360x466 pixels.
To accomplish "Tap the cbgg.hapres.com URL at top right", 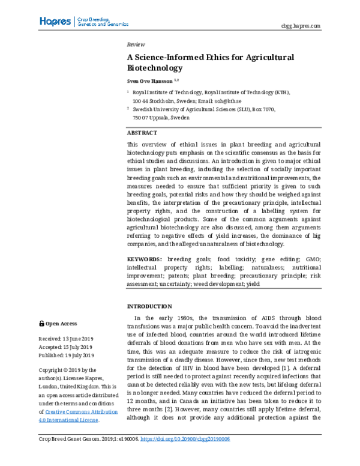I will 301,26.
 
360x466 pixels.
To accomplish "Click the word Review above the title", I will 136,45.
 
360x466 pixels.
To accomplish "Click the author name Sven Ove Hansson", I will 149,80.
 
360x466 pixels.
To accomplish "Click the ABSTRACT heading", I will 142,132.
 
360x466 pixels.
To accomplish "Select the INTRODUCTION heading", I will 150,305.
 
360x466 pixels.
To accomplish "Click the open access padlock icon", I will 41,323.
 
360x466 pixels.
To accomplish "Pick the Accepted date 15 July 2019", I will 65,347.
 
